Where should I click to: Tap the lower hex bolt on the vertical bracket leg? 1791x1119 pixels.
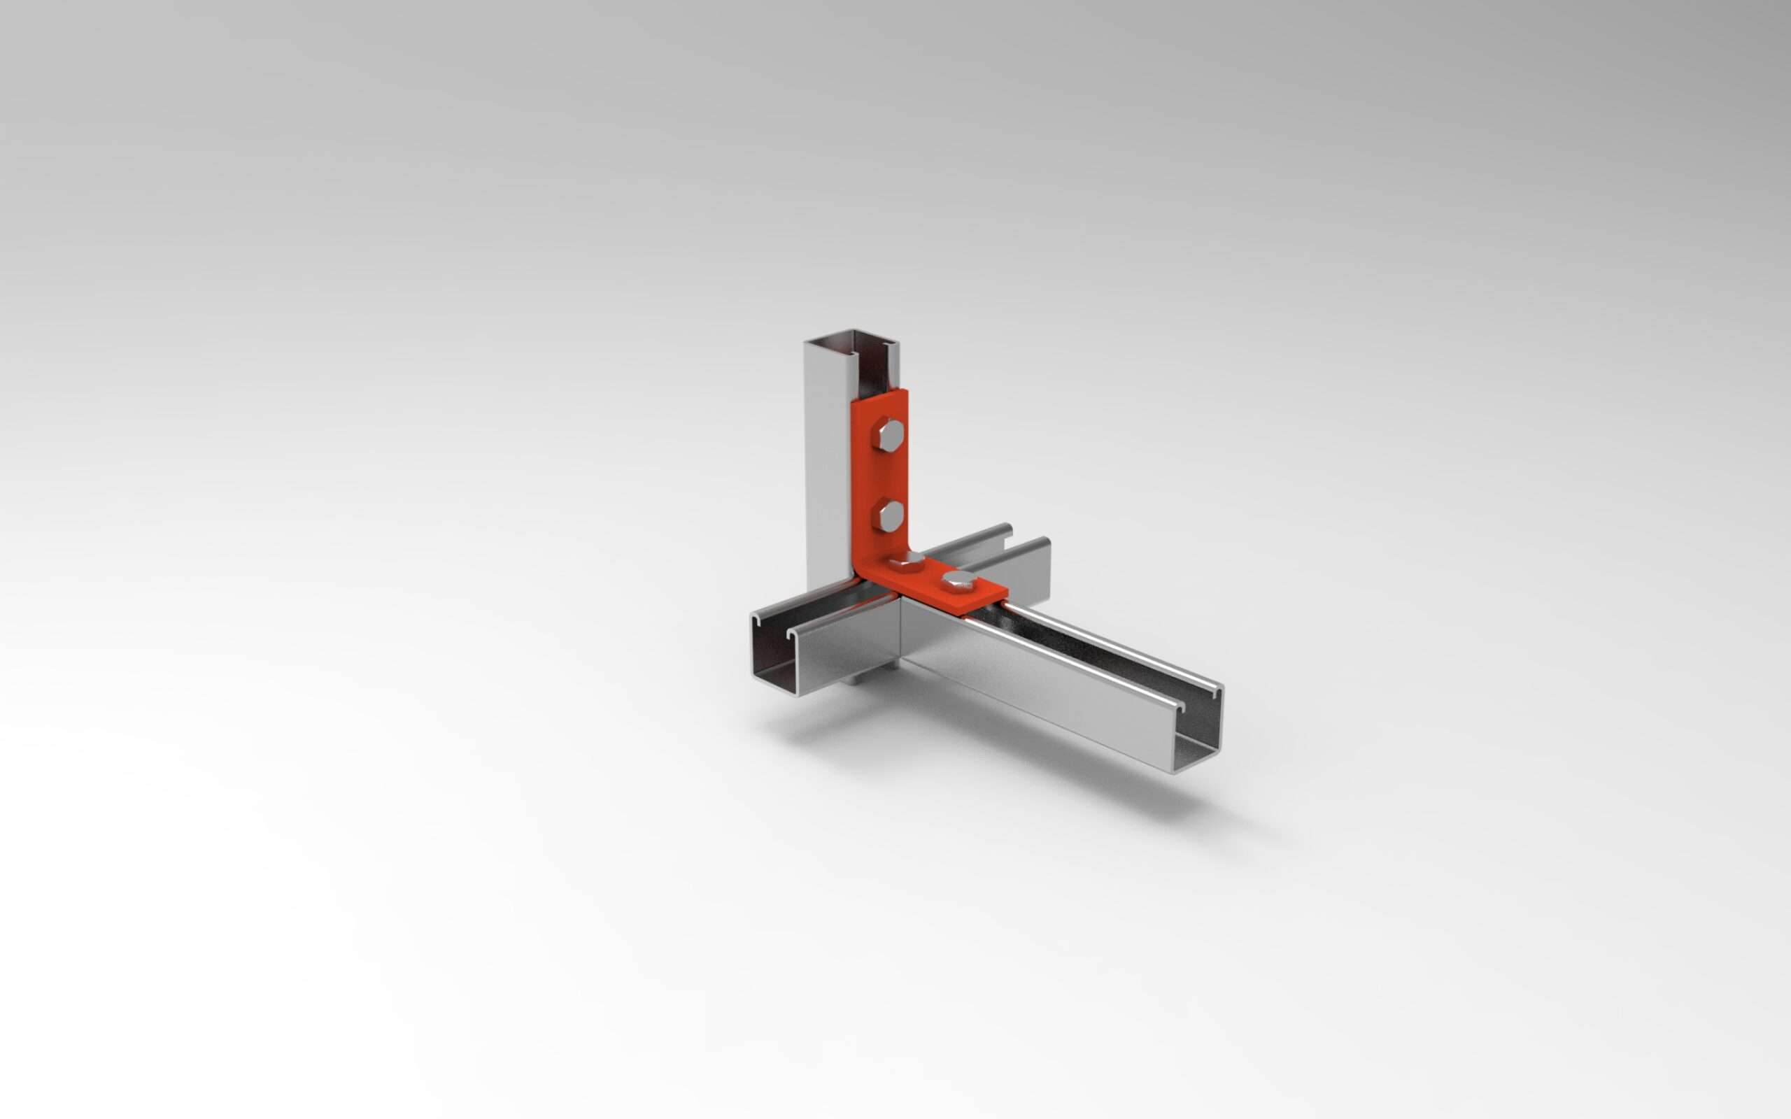(887, 515)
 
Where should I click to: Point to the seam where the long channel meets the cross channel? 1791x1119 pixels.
(901, 629)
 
